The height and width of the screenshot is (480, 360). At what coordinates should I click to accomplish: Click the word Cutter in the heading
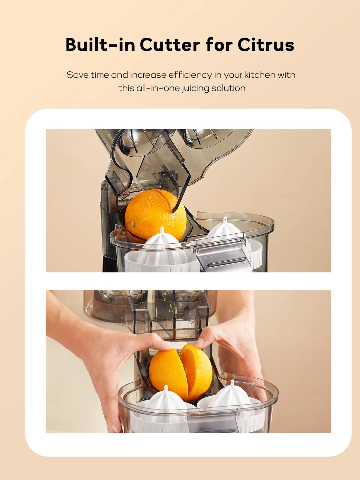170,45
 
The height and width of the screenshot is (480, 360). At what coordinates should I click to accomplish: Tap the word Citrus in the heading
266,45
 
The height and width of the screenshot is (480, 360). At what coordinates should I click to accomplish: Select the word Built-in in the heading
100,45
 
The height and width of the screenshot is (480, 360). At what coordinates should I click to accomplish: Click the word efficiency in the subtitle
190,75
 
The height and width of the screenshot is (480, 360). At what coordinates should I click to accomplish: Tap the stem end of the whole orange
133,224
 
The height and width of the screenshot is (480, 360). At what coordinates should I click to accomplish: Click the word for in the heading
219,45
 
